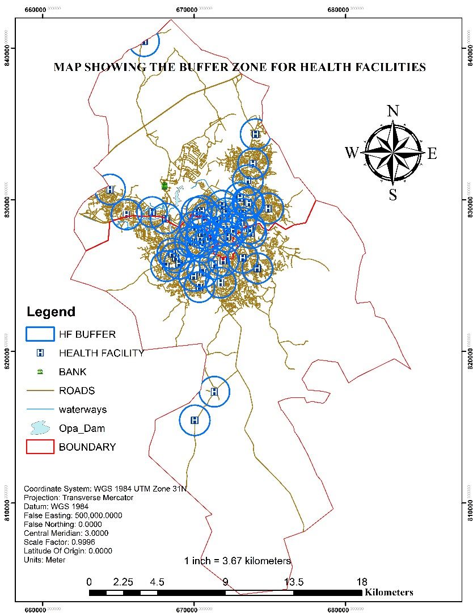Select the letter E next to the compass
pos(432,153)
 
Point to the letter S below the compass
pos(392,195)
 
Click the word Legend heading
pos(51,312)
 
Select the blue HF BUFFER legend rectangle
pos(40,334)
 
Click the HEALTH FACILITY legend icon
pos(40,353)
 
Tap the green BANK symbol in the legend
pos(40,372)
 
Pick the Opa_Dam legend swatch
pos(40,427)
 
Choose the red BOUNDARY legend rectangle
pos(40,447)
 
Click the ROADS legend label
pos(77,391)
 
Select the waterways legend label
pos(83,409)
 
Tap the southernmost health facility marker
pos(195,420)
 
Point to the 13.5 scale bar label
pos(294,582)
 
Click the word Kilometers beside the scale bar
pos(389,593)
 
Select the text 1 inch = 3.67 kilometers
pos(238,561)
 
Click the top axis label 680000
pos(339,9)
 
